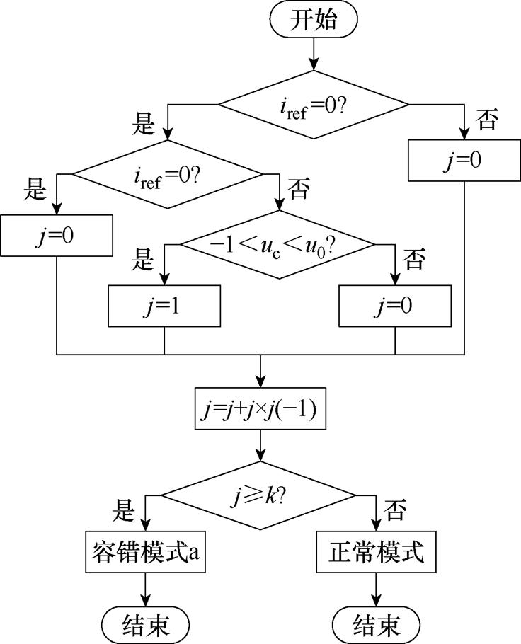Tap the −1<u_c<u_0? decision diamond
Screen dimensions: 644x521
point(277,245)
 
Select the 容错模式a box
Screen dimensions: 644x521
point(145,552)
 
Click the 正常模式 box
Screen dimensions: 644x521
point(376,552)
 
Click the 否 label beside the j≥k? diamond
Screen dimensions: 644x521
point(393,508)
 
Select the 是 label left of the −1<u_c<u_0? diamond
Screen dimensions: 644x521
point(144,261)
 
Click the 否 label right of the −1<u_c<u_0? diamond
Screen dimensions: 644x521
point(414,261)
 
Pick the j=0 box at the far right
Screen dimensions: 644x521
point(464,160)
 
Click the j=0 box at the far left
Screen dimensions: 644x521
point(57,235)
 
